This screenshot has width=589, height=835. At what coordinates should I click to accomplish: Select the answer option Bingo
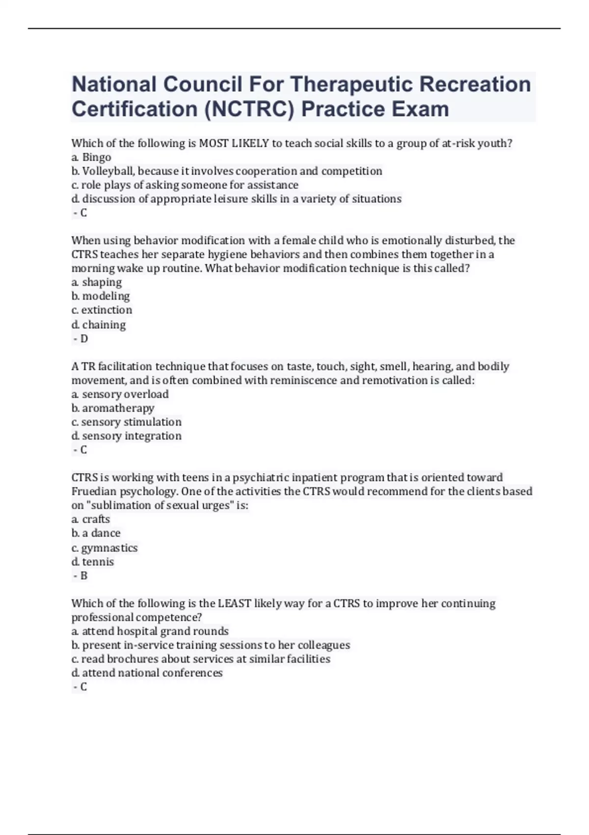[97, 157]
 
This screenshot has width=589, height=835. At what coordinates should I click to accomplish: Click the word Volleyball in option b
[108, 171]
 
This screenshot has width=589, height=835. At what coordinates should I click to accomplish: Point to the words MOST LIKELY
[234, 143]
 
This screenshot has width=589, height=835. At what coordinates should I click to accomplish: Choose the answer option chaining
[104, 325]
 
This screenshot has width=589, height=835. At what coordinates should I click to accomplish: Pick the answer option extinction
[107, 310]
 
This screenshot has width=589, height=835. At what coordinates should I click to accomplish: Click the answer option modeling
[106, 296]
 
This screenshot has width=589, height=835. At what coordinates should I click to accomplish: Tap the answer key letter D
[84, 338]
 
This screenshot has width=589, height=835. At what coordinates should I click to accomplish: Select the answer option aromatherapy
[118, 408]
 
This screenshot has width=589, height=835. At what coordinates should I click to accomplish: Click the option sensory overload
[125, 394]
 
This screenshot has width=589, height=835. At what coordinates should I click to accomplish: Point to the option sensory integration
[132, 436]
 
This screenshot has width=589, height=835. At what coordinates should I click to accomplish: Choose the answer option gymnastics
[109, 548]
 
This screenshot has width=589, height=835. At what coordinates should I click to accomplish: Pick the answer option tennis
[98, 561]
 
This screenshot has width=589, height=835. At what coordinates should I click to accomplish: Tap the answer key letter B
[84, 576]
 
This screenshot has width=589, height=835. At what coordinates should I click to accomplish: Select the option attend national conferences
[152, 673]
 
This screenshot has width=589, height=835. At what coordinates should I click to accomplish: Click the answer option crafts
[96, 519]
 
